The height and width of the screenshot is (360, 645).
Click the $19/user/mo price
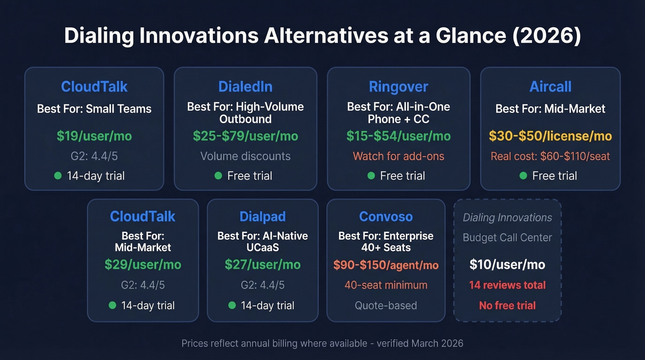coord(94,136)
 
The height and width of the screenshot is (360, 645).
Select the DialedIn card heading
coord(245,87)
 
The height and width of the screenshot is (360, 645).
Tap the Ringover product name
coord(399,87)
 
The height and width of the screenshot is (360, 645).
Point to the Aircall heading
coord(550,87)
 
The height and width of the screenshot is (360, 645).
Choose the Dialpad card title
coord(263,217)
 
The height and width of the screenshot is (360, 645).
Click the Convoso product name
coord(386,217)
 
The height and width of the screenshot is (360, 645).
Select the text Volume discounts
coord(245,156)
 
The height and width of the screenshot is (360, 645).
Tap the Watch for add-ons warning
coord(399,156)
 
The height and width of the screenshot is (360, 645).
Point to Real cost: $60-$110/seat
coord(550,156)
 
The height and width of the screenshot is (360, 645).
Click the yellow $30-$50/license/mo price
coord(550,136)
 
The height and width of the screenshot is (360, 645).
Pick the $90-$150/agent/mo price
coord(386,265)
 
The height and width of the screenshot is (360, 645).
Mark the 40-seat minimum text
coord(386,285)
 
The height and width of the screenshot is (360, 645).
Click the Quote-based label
coord(386,305)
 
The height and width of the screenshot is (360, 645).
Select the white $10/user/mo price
coord(507,264)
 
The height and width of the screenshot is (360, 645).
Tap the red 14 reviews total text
coord(507,285)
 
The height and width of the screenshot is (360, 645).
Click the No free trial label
coord(507,305)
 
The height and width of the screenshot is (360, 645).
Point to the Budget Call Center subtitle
coord(507,238)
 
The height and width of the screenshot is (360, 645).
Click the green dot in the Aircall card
coord(523,176)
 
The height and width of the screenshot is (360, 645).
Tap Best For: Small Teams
coord(94,109)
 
